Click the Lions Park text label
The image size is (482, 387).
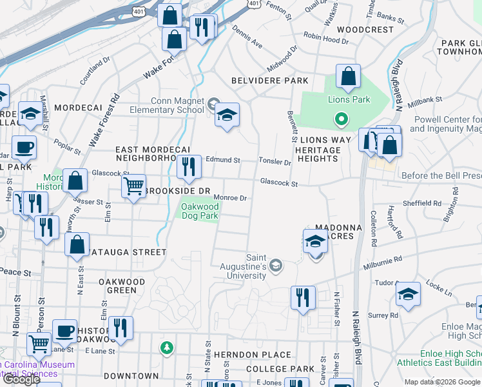coord(349,99)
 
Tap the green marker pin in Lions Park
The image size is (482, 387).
coord(340,119)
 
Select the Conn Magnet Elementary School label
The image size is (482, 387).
coord(178,105)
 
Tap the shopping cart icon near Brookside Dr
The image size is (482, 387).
coord(133,186)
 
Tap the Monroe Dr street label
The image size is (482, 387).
coord(231,198)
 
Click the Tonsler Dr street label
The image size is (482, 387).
coord(275,161)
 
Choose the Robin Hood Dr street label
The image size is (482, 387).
coord(327,40)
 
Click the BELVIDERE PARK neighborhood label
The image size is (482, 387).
coord(270,81)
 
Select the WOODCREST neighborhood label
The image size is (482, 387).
coord(365,30)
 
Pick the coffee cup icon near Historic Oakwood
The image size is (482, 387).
coord(64,332)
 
